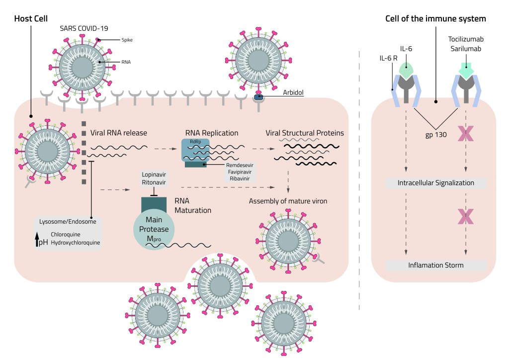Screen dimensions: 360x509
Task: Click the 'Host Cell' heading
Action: (x=31, y=18)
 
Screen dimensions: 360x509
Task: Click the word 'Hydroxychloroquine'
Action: (x=76, y=243)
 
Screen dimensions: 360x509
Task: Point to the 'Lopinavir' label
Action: (x=154, y=175)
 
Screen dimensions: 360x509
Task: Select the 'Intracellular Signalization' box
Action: (x=435, y=183)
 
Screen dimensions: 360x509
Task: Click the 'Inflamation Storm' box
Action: (x=435, y=265)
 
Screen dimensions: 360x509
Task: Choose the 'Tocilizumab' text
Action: (x=465, y=39)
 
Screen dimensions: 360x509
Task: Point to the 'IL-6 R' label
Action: (x=389, y=58)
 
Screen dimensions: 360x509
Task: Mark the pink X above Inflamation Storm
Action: (x=466, y=216)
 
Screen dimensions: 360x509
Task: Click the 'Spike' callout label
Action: (x=127, y=39)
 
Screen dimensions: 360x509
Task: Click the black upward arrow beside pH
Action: (x=37, y=240)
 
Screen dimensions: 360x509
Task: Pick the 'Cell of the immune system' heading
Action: (x=435, y=18)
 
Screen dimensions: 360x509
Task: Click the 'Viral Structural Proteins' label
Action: (x=305, y=133)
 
